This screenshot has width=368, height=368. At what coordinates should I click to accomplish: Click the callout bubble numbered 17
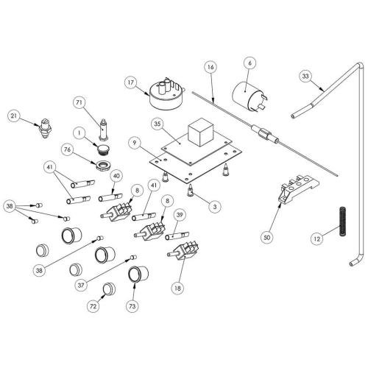point(131,82)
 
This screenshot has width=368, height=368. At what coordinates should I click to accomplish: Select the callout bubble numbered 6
point(250,63)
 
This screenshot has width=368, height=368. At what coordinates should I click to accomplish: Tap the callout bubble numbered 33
point(305,76)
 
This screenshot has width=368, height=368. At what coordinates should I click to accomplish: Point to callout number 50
point(267,237)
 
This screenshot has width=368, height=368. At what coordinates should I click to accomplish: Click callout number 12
point(317,238)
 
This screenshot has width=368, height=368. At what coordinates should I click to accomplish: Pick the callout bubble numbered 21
point(14,116)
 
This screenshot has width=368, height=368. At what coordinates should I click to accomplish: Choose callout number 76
point(67,149)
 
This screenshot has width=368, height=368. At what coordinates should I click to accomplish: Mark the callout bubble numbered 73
point(132,306)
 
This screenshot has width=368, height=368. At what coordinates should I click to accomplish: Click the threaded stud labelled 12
point(343,222)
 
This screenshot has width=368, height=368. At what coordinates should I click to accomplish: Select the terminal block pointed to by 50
point(299,188)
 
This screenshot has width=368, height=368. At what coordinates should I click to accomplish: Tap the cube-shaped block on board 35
point(200,132)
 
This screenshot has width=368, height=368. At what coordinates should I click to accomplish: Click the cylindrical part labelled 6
point(250,97)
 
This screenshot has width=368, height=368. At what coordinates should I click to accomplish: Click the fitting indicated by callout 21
point(45,128)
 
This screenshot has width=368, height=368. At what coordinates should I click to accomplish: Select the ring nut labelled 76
point(103,165)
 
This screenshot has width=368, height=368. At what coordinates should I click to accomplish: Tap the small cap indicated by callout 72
point(109,289)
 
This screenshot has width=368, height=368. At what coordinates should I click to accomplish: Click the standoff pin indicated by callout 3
point(191,191)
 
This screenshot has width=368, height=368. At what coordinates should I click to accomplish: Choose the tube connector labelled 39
point(177,236)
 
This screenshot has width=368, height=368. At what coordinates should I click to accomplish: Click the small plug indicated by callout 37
point(133,258)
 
